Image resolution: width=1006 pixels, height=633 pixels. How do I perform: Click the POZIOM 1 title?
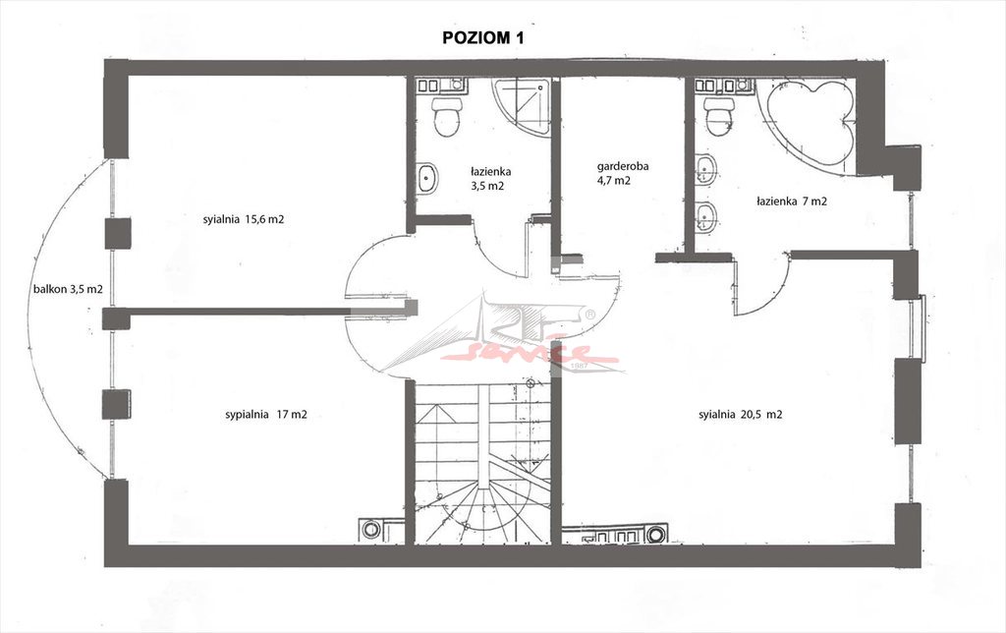click(x=483, y=38)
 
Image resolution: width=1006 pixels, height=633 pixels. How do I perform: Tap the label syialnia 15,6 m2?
click(x=244, y=219)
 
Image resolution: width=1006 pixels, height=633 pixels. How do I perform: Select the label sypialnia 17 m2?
click(x=266, y=415)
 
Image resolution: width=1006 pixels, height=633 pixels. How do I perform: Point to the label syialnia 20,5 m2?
click(x=741, y=415)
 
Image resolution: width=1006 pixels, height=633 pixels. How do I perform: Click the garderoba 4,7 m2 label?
click(x=622, y=173)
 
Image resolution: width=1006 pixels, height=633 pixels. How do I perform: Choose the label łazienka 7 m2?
click(x=792, y=201)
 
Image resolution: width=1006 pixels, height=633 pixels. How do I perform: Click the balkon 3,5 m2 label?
click(x=68, y=290)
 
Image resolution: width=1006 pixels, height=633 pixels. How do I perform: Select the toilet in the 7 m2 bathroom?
click(x=718, y=116)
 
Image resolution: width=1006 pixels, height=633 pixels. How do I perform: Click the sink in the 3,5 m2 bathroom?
click(x=427, y=179)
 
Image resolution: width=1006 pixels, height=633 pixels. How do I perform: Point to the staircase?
click(x=482, y=462)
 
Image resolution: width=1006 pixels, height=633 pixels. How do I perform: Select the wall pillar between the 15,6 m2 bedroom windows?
click(x=118, y=233)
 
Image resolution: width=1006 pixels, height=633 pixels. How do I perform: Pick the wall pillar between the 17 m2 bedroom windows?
click(x=117, y=404)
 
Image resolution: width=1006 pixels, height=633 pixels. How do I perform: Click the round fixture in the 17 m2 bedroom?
click(x=370, y=530)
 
